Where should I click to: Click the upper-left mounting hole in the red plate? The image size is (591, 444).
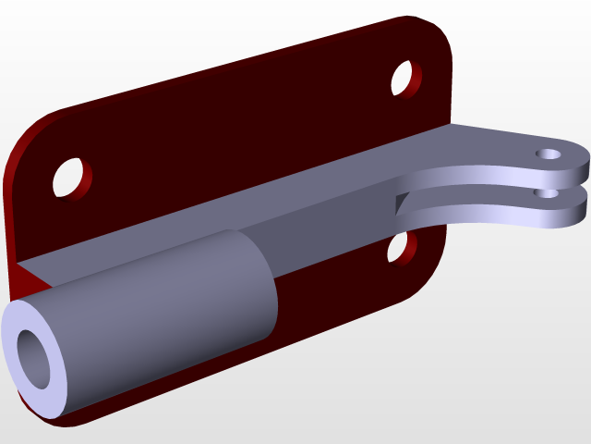71,177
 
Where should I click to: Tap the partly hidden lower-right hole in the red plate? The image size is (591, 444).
401,246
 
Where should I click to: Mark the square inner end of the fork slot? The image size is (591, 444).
399,204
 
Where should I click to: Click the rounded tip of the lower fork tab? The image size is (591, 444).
584,205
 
